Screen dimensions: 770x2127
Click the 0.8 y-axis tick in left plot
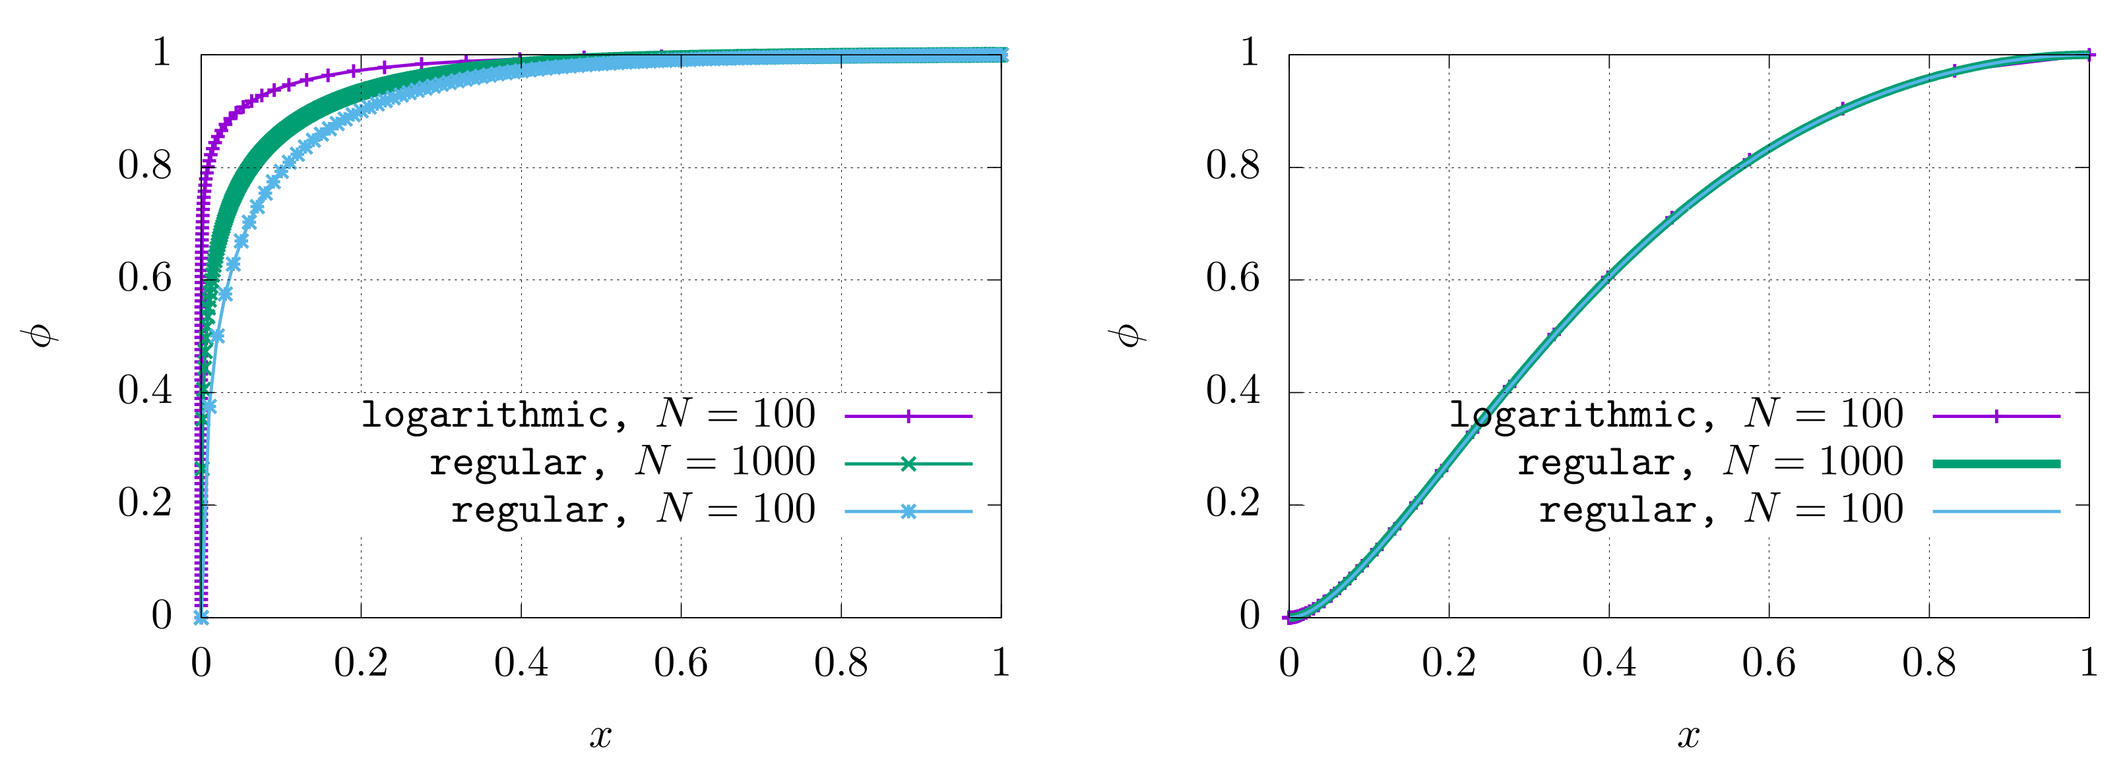(144, 166)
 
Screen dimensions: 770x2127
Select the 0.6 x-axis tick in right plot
(1769, 663)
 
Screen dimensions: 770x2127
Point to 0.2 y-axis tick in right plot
(1233, 504)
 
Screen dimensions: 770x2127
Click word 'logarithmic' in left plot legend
(486, 414)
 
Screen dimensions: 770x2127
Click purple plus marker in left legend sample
(908, 416)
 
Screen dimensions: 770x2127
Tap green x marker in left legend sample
(908, 464)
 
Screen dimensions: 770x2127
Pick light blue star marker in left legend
(908, 512)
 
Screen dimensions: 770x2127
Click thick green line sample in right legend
(1996, 464)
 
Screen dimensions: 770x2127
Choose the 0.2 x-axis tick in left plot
(361, 663)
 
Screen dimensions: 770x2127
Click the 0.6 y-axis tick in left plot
(144, 278)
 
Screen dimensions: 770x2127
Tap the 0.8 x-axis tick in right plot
(1929, 663)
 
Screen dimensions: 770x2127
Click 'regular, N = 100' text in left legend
(633, 510)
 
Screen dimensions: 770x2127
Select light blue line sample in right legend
(1996, 512)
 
